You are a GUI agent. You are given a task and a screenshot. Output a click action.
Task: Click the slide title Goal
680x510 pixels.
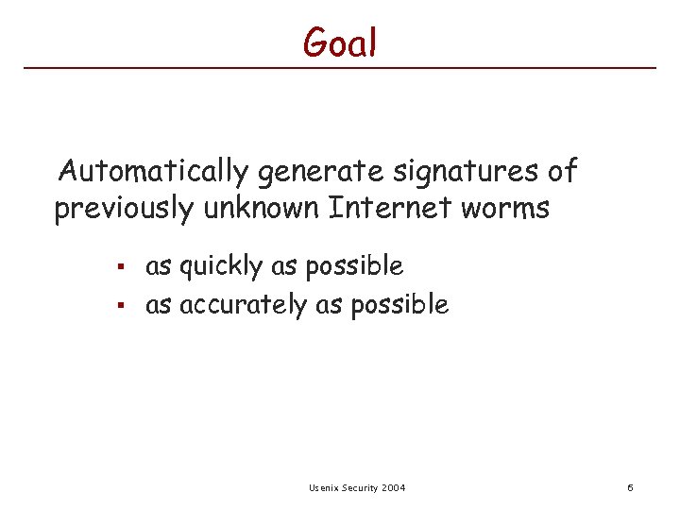click(340, 42)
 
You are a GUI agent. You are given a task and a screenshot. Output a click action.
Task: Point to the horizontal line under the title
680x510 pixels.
click(340, 68)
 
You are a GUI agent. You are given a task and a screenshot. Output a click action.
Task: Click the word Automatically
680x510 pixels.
click(153, 173)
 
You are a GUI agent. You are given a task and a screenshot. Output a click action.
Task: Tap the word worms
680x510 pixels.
click(506, 209)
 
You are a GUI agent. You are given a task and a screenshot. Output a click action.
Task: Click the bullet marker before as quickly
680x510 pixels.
click(121, 267)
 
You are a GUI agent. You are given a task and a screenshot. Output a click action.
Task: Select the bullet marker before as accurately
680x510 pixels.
click(121, 305)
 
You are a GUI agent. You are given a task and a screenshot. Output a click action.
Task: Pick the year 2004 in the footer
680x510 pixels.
click(395, 487)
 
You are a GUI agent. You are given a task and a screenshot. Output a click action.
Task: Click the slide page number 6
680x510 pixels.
click(630, 487)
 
